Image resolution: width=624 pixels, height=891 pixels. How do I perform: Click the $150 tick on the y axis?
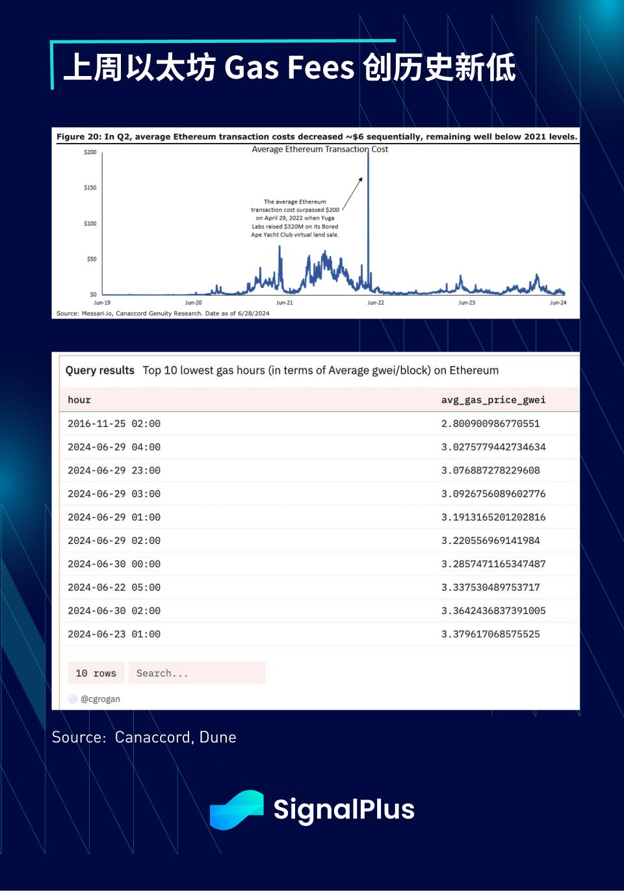(90, 188)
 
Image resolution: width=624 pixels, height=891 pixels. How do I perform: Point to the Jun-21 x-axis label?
(285, 303)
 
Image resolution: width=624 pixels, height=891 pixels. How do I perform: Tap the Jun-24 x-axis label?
(558, 303)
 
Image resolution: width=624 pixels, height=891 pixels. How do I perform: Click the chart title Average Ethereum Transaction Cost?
(320, 149)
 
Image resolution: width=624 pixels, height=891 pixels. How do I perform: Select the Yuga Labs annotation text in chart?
(295, 218)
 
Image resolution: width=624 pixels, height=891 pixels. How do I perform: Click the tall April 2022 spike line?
(368, 214)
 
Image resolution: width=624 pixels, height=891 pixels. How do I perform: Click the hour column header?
(79, 400)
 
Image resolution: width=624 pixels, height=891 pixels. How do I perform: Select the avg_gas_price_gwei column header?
(493, 400)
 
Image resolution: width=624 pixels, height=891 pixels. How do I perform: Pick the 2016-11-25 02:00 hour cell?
(114, 424)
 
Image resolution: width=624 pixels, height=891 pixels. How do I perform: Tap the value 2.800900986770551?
(491, 424)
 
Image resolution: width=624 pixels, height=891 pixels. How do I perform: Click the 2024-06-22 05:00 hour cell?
(114, 588)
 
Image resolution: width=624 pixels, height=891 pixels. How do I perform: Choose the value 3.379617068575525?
(491, 634)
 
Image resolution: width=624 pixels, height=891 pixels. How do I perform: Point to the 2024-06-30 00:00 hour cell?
(114, 564)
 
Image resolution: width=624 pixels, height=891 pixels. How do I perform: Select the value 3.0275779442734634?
(493, 447)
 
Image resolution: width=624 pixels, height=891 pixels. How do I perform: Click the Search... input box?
(197, 673)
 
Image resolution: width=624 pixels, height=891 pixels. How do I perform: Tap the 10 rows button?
(96, 673)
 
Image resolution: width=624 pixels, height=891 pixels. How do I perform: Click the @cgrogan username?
(100, 699)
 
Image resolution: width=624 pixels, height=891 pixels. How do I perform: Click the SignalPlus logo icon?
(237, 810)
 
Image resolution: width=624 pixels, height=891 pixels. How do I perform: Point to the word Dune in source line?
(218, 738)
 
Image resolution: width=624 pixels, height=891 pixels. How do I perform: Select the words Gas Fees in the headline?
(290, 68)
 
